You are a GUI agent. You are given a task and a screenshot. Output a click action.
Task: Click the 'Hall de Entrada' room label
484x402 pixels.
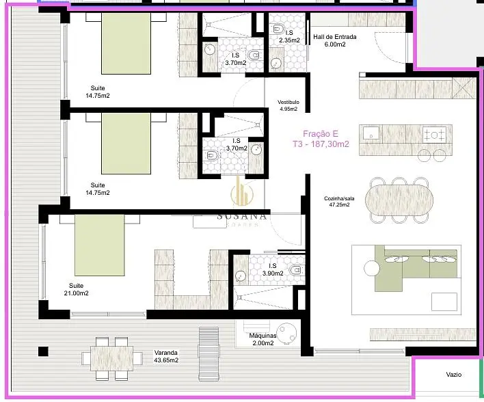point(334,37)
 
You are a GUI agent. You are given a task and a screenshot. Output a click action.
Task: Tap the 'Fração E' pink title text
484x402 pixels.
point(321,134)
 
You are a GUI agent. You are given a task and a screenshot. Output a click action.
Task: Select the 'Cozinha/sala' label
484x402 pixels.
point(339,198)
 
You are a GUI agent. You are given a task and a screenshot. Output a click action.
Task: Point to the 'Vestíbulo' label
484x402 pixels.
point(288,102)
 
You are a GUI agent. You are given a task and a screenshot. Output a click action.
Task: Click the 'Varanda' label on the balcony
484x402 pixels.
point(165,353)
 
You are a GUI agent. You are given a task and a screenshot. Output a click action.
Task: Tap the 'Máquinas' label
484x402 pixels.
point(263,336)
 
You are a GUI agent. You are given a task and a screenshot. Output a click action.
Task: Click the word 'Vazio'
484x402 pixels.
point(454,375)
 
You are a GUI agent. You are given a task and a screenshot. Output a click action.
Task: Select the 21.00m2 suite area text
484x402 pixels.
point(76,293)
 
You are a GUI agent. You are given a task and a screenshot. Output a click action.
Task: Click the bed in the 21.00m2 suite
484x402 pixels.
point(99,245)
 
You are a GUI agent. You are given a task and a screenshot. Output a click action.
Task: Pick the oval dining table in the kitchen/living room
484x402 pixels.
point(399,200)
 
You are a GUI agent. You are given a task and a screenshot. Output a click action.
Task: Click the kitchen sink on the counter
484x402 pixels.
point(371,133)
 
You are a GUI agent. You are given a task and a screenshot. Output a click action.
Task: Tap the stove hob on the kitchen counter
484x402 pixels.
point(434,135)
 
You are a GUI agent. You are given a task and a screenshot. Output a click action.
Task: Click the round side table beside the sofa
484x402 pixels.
point(372,268)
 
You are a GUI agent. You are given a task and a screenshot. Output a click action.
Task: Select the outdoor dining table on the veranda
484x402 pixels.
point(111,358)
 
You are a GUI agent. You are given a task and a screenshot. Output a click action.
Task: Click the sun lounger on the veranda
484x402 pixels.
point(209,354)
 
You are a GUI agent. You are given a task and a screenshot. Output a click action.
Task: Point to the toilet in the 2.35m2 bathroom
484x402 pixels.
point(278,29)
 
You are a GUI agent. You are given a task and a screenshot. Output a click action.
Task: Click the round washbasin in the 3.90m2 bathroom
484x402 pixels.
point(241,276)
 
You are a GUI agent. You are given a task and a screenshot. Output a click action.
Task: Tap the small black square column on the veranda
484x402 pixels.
point(43,351)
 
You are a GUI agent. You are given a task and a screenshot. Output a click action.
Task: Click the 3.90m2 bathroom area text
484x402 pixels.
point(273,273)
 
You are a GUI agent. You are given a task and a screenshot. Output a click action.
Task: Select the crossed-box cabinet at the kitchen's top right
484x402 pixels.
point(464,88)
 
